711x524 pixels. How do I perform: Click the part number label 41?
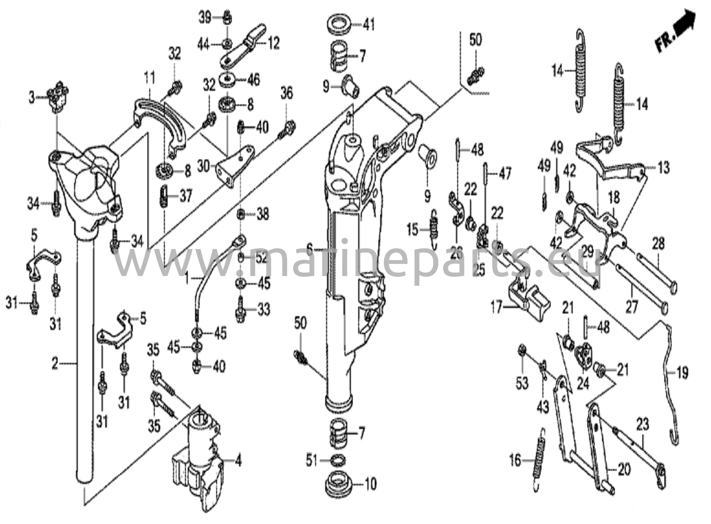click(x=369, y=25)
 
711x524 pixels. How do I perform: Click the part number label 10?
click(x=371, y=484)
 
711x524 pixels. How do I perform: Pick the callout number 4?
click(x=238, y=461)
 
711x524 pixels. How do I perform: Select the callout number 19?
click(x=682, y=373)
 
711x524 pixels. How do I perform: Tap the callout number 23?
click(x=642, y=424)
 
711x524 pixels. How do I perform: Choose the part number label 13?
click(x=664, y=168)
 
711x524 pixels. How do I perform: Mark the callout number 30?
click(x=204, y=167)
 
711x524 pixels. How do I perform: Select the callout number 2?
click(x=55, y=364)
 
